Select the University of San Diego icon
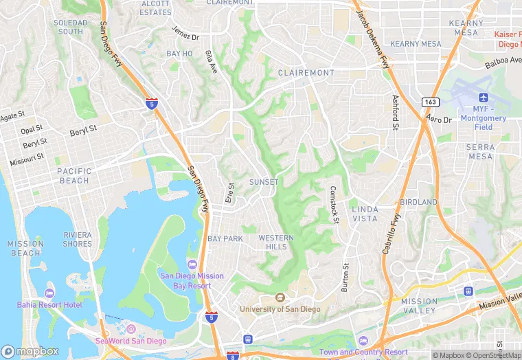[280, 297]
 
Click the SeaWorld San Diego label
[131, 341]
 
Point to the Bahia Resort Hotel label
[49, 304]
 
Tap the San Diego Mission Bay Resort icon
[192, 265]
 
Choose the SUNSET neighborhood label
[264, 182]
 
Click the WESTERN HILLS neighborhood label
[276, 242]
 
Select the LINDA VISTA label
[364, 214]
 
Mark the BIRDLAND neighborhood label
[418, 202]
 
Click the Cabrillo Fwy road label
[391, 234]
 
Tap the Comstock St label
[334, 204]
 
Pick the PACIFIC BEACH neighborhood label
[73, 176]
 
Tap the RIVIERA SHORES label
[78, 239]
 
